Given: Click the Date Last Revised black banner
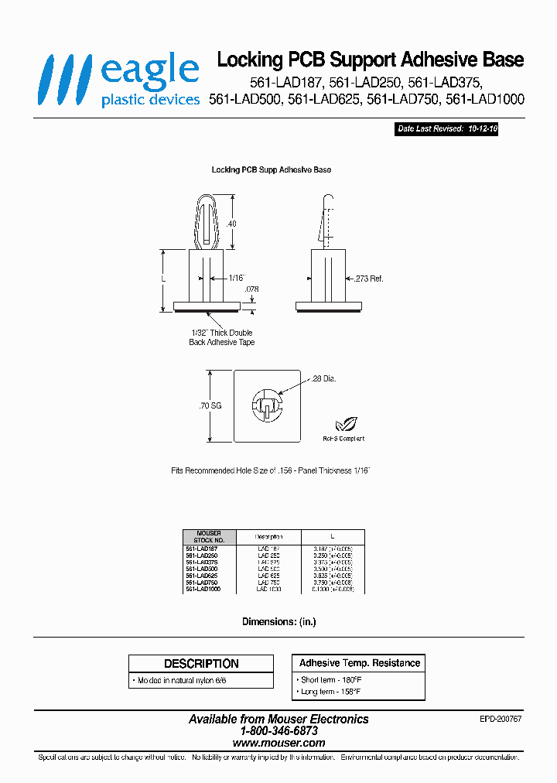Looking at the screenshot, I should [447, 129].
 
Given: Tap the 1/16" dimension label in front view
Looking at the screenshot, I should [236, 277].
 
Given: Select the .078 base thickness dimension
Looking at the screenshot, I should [251, 289].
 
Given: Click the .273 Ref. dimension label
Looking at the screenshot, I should [368, 278].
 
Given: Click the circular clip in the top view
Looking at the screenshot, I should [266, 405].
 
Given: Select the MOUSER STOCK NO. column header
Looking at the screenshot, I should [209, 536].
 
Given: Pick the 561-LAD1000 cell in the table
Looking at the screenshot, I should [203, 590].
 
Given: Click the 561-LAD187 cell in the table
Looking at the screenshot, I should [203, 548].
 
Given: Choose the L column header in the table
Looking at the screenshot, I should [332, 536].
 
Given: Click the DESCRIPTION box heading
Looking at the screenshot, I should [201, 664].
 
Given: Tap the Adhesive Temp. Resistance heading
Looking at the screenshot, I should [359, 663].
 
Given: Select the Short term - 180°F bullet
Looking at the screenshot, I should [330, 679].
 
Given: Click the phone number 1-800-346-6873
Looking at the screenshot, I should [278, 730].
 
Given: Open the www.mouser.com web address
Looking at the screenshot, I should [278, 742].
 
